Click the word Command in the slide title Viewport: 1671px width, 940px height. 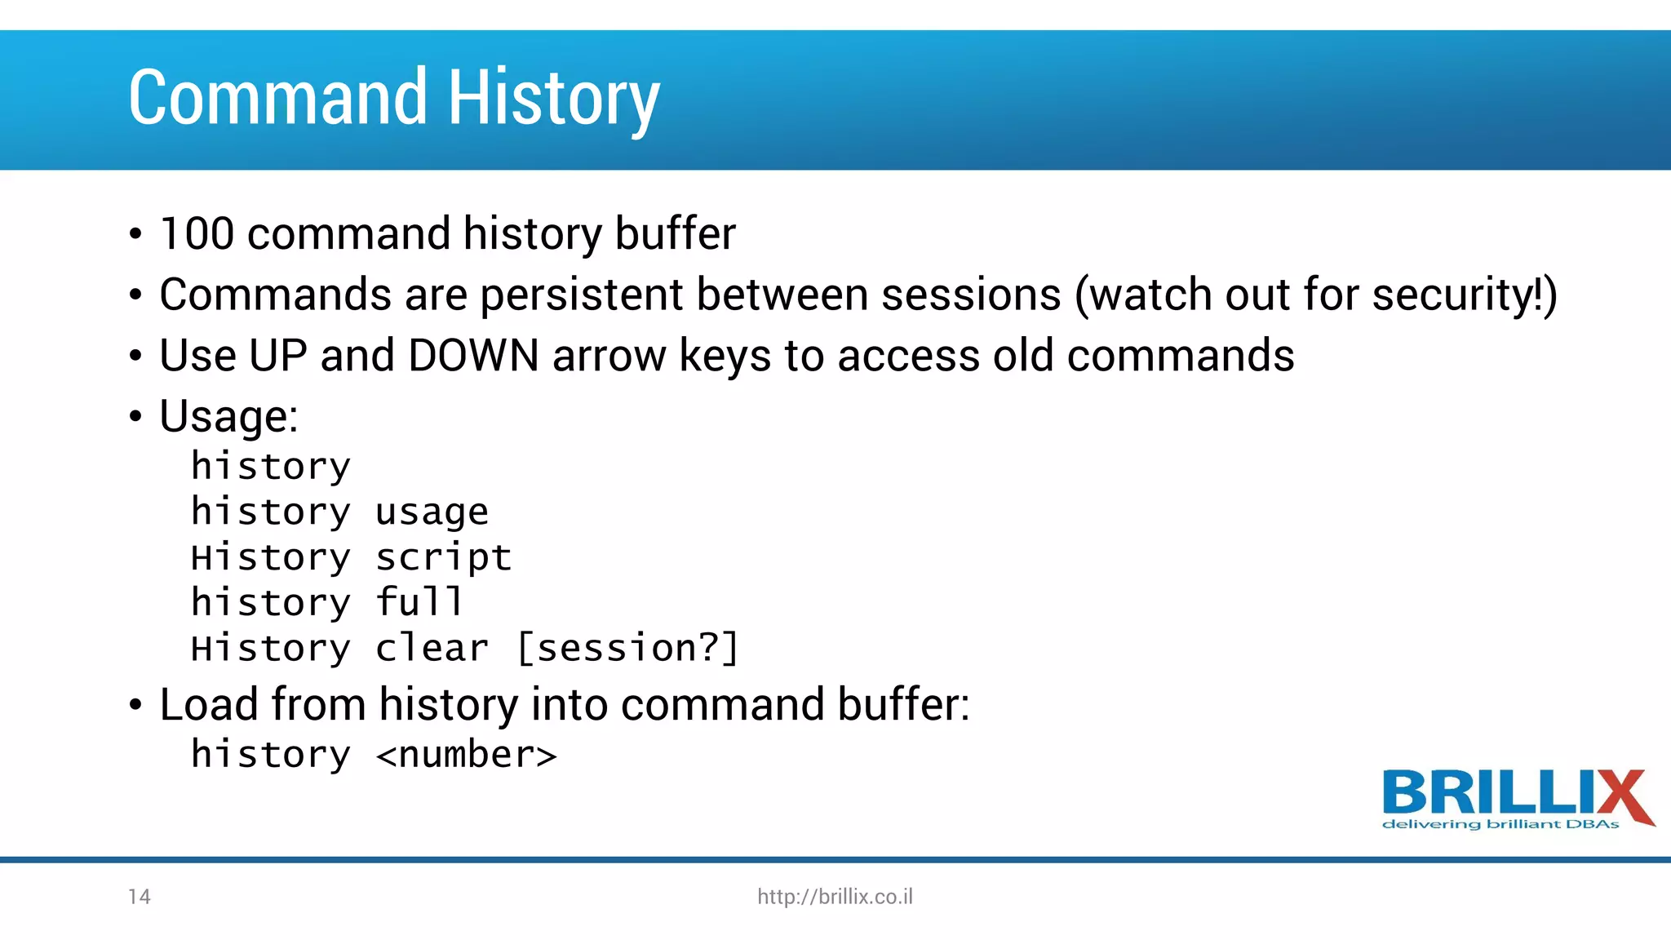(277, 98)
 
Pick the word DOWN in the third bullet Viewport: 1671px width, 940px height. (473, 356)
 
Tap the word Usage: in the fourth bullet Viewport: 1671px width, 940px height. (228, 417)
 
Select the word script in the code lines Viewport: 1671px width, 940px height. (443, 558)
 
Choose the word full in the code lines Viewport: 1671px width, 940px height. (419, 602)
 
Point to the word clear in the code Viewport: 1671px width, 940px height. (432, 649)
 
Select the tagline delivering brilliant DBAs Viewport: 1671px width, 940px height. (1500, 825)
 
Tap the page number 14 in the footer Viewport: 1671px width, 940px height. (140, 897)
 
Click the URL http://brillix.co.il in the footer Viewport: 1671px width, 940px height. (835, 897)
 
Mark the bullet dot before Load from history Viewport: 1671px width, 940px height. (135, 705)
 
